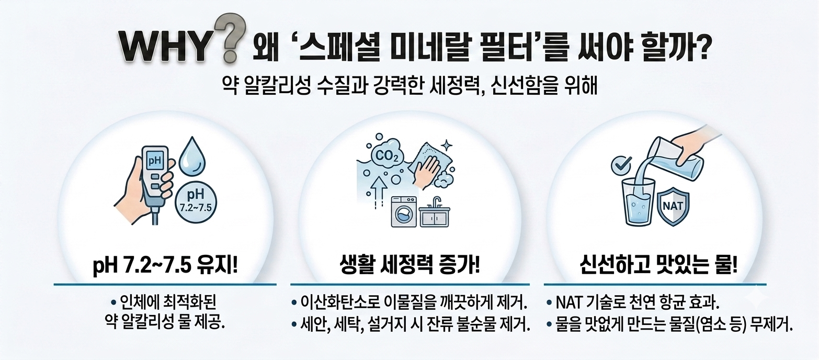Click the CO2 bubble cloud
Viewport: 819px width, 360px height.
(386, 155)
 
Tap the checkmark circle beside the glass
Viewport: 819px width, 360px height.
(621, 165)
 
